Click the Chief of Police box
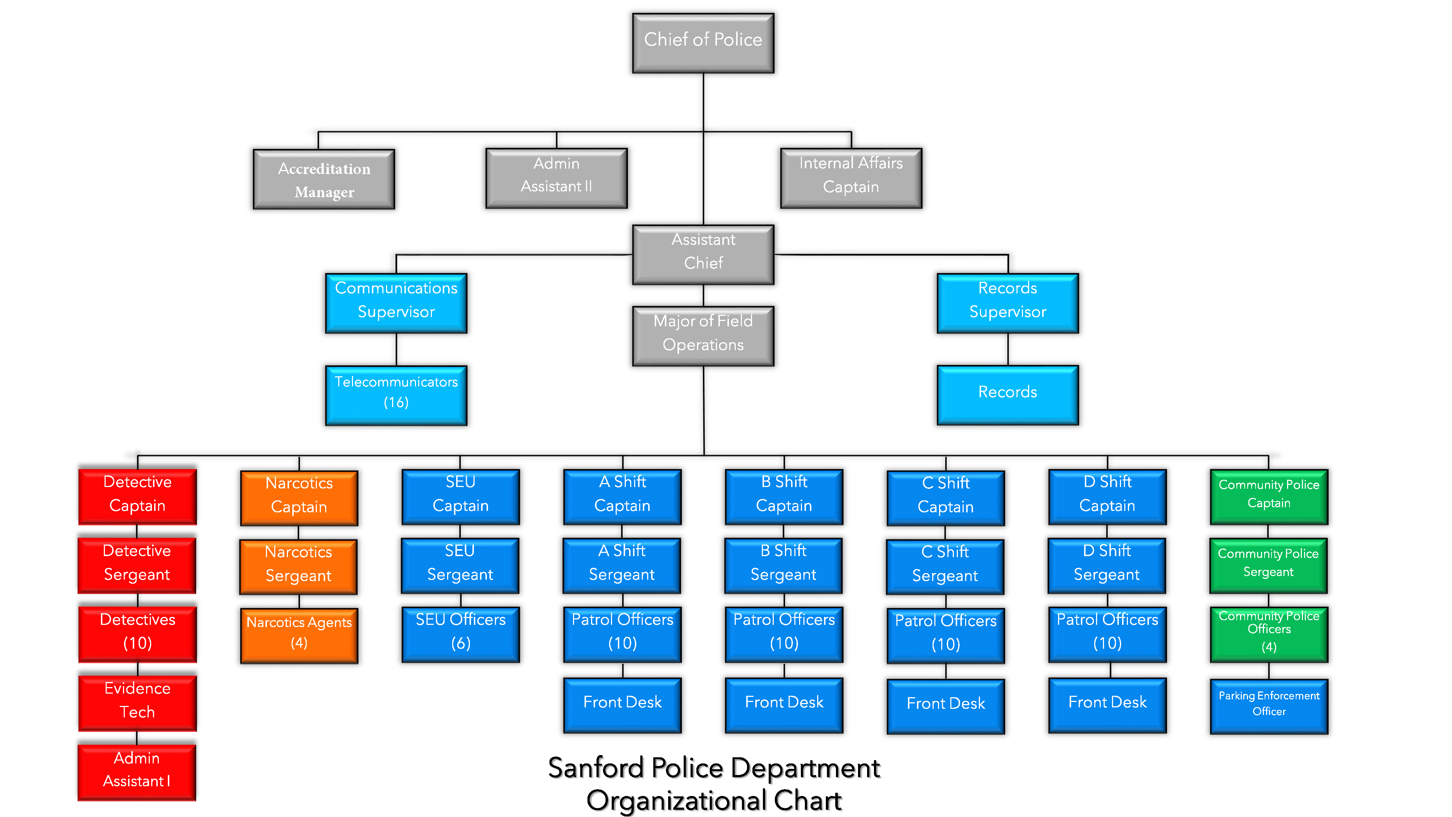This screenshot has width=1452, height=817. (x=703, y=43)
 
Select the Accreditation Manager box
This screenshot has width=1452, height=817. (x=324, y=179)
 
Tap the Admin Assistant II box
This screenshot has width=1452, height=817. (x=556, y=178)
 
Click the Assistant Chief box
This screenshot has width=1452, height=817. (x=703, y=254)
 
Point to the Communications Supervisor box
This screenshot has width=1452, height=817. (x=396, y=303)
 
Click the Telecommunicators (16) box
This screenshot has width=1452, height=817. (x=396, y=395)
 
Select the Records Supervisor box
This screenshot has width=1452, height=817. (x=1007, y=303)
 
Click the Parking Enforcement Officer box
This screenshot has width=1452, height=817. (x=1269, y=706)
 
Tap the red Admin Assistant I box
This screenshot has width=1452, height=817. (x=137, y=772)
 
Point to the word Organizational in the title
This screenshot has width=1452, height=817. (x=676, y=801)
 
